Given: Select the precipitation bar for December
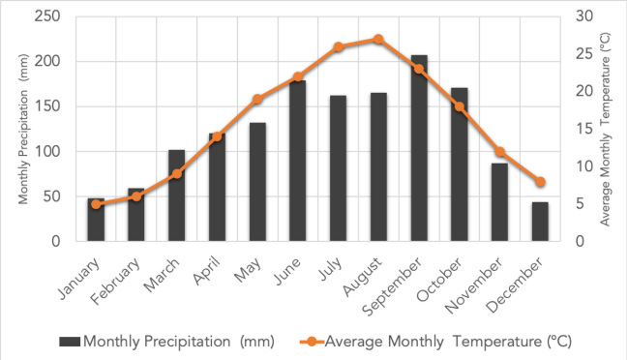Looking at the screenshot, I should coord(540,222).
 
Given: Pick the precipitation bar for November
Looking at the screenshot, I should coord(499,202).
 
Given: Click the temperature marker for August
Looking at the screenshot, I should coord(378,40).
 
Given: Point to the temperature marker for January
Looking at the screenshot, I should coord(96,204).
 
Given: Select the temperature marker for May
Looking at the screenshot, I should coord(257,100).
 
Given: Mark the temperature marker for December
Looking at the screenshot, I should coord(540,182).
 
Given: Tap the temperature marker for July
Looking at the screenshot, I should coord(338,46).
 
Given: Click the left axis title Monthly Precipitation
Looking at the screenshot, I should coord(23,129).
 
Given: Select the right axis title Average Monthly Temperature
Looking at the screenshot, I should coord(607,129).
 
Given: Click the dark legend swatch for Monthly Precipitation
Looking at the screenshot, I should coord(70,342).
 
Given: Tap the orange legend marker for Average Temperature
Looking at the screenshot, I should coord(307,342).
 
